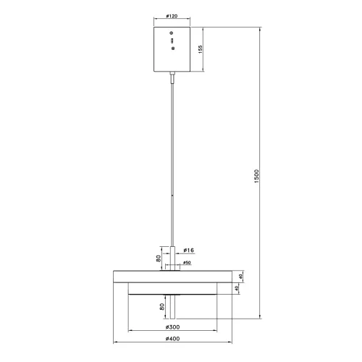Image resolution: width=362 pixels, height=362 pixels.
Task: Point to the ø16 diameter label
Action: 190,250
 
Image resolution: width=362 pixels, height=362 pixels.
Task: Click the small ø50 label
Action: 187,262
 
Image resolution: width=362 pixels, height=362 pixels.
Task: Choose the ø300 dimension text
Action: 172,327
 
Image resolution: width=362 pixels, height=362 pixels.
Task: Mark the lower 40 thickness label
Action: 236,289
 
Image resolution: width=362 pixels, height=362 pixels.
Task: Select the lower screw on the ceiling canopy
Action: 172,48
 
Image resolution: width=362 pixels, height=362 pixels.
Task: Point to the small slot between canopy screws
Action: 172,41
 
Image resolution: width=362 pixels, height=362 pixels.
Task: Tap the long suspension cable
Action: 172,159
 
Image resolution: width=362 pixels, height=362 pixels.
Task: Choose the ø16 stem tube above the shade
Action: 172,254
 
